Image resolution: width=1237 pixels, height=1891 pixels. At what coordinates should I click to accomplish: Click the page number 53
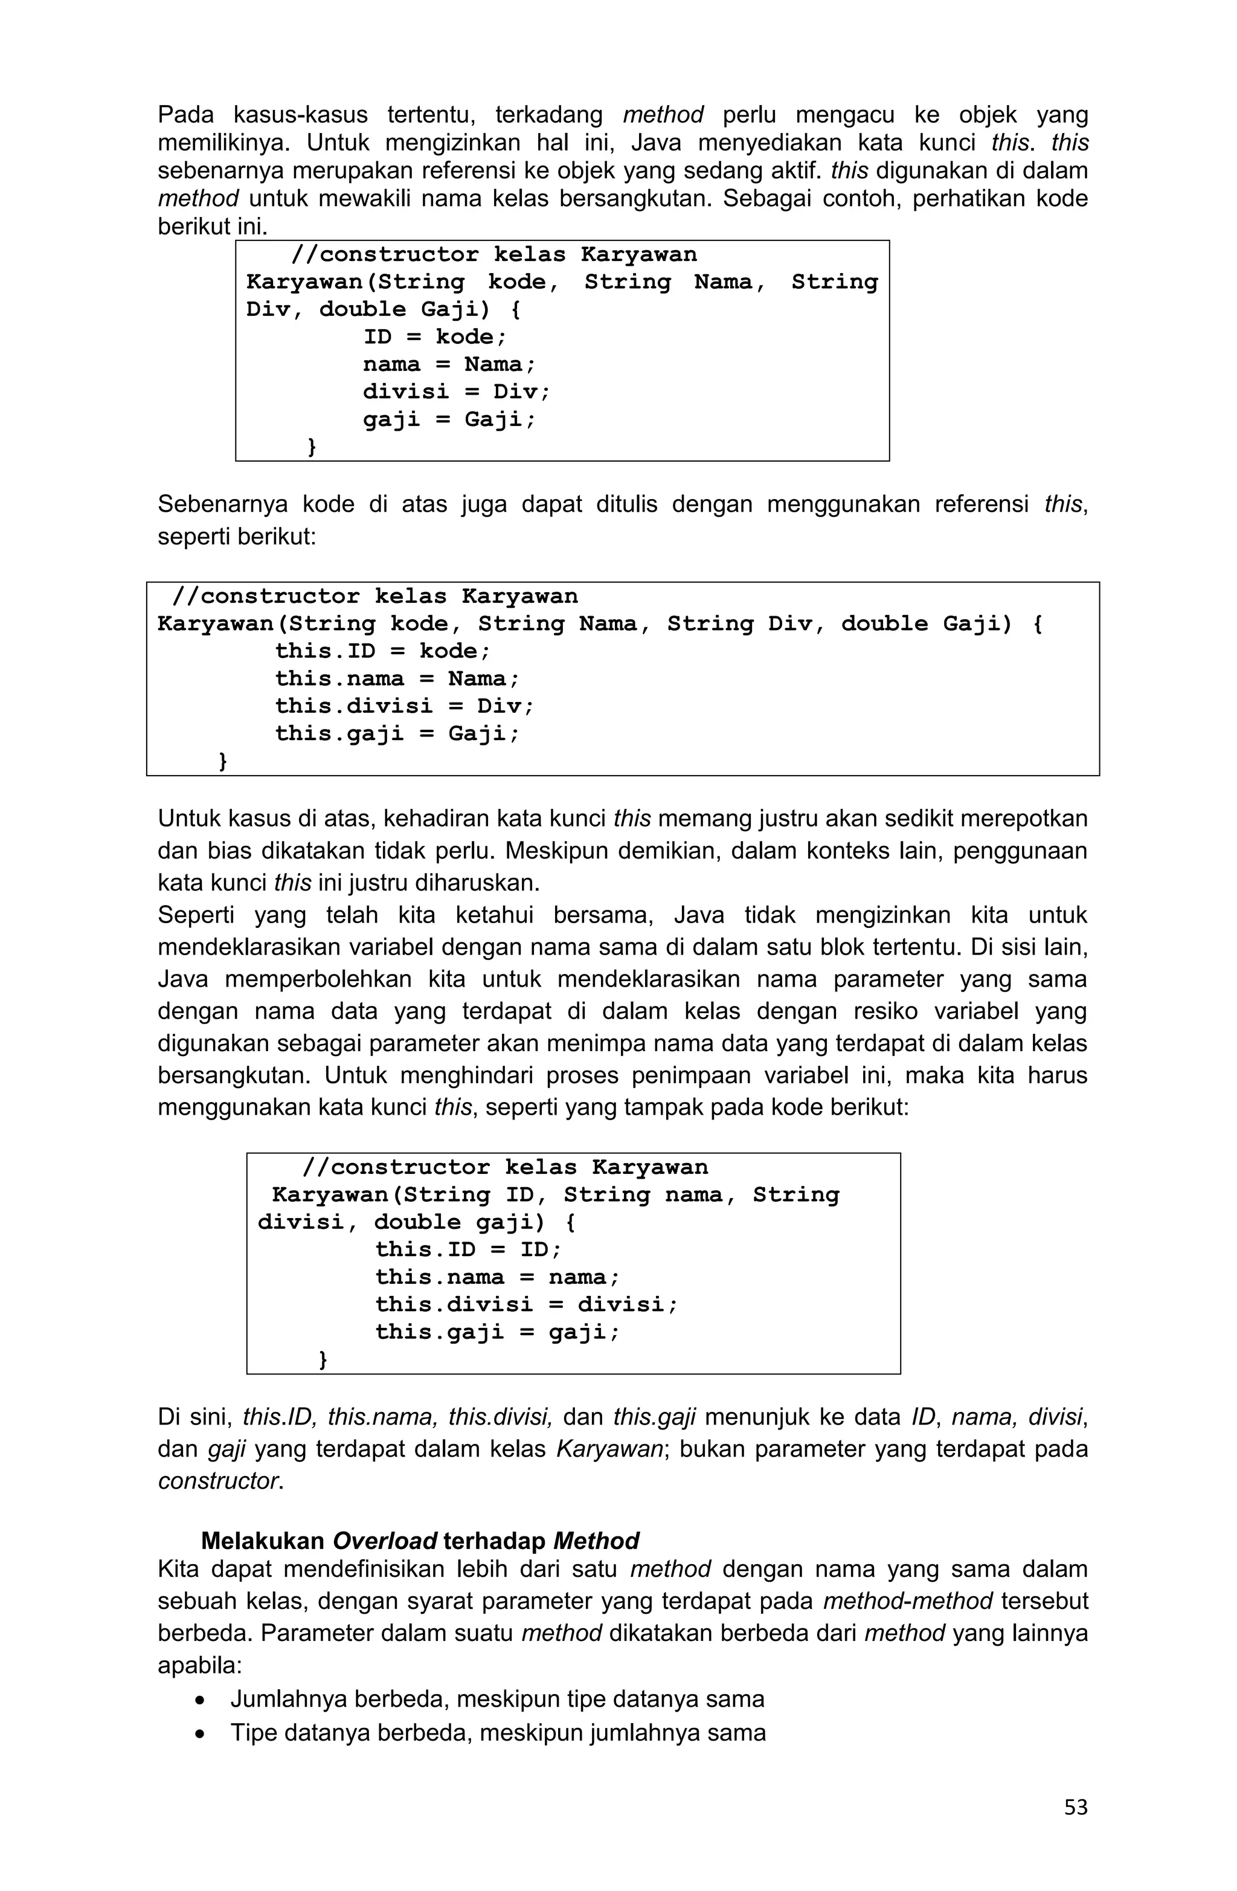click(1075, 1807)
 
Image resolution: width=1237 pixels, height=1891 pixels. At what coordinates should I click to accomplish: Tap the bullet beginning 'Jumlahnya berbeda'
click(496, 1699)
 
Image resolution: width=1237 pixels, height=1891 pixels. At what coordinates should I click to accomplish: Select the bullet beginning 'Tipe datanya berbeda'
click(497, 1732)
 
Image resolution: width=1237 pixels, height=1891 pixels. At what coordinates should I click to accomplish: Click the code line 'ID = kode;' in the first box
click(434, 337)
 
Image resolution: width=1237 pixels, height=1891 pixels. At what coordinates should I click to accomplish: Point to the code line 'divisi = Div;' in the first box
click(456, 391)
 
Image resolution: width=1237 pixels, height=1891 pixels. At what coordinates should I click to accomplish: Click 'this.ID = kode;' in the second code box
click(383, 651)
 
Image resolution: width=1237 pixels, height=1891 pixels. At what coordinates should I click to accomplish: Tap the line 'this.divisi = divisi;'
click(527, 1304)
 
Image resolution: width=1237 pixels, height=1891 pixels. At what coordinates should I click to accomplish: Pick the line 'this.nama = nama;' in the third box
click(497, 1277)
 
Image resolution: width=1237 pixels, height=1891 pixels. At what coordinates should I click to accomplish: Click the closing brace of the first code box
click(312, 447)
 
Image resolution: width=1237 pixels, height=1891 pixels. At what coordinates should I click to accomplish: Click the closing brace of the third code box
click(323, 1359)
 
